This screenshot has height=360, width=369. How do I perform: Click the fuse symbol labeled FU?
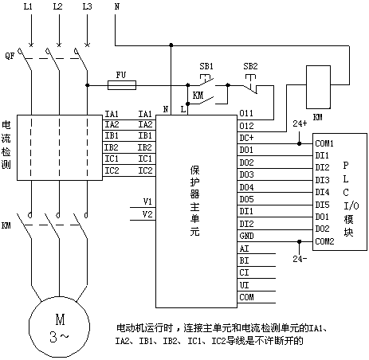click(x=122, y=85)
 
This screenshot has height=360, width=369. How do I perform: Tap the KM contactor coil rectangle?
click(x=318, y=87)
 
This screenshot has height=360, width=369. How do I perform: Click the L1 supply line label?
click(x=28, y=6)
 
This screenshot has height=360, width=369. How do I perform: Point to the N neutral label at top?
click(x=117, y=6)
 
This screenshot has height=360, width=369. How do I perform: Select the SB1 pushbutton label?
click(x=206, y=66)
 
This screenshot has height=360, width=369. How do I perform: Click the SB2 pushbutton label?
click(x=250, y=66)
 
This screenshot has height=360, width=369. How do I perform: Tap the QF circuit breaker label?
click(x=10, y=56)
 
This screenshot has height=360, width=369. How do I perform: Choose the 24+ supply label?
click(x=300, y=123)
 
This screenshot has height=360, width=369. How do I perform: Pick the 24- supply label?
click(x=300, y=258)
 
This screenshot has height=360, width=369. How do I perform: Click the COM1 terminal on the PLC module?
click(x=324, y=143)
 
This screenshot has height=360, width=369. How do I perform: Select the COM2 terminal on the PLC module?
click(x=324, y=241)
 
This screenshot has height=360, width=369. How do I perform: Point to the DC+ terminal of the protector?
click(x=246, y=138)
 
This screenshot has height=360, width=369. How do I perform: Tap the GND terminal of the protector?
click(x=246, y=236)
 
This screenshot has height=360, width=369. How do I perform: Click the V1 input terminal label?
click(x=147, y=202)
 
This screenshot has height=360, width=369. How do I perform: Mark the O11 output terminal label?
click(x=246, y=113)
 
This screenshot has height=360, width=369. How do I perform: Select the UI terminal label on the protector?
click(x=244, y=285)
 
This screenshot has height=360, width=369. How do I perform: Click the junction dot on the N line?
click(x=171, y=45)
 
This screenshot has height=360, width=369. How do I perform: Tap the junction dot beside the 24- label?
click(x=300, y=241)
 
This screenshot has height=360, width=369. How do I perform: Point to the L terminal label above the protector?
click(x=183, y=109)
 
